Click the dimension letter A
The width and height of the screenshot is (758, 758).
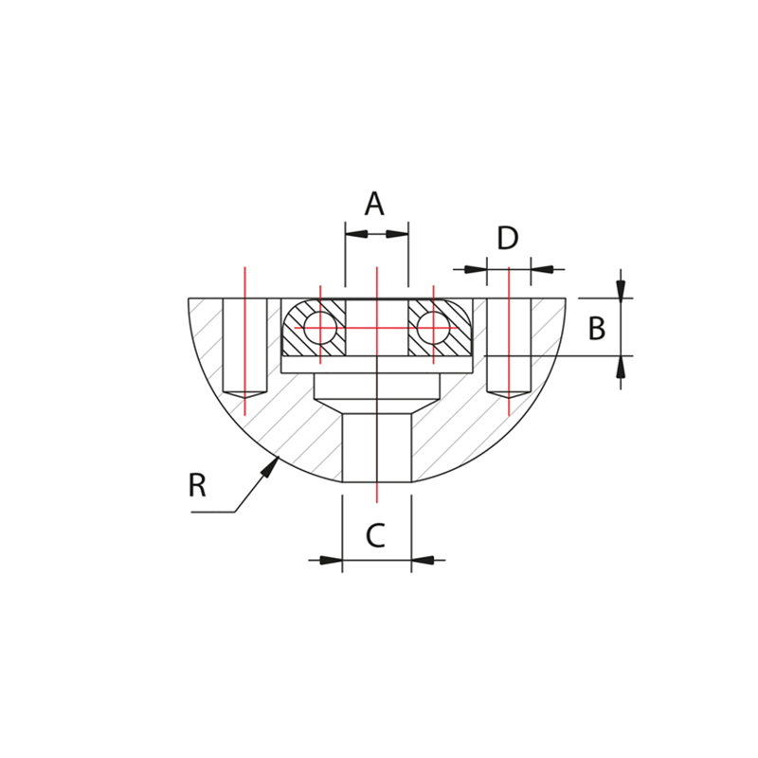pyautogui.click(x=374, y=203)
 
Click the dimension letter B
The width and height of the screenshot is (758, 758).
pyautogui.click(x=596, y=329)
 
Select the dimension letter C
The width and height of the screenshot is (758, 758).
pyautogui.click(x=375, y=535)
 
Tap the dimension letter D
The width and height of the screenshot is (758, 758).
pyautogui.click(x=508, y=239)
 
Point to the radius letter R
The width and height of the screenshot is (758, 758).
pyautogui.click(x=197, y=485)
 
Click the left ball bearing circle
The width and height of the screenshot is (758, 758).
pyautogui.click(x=320, y=328)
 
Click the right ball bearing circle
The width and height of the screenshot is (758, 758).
pyautogui.click(x=432, y=328)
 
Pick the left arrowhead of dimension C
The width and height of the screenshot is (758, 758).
pyautogui.click(x=331, y=560)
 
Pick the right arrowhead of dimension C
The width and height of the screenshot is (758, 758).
pyautogui.click(x=423, y=560)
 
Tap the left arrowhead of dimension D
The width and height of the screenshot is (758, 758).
pyautogui.click(x=476, y=269)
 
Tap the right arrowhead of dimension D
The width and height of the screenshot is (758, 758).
pyautogui.click(x=542, y=269)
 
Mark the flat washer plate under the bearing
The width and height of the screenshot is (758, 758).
pyautogui.click(x=376, y=365)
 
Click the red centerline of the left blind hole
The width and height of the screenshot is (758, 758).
pyautogui.click(x=244, y=341)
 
